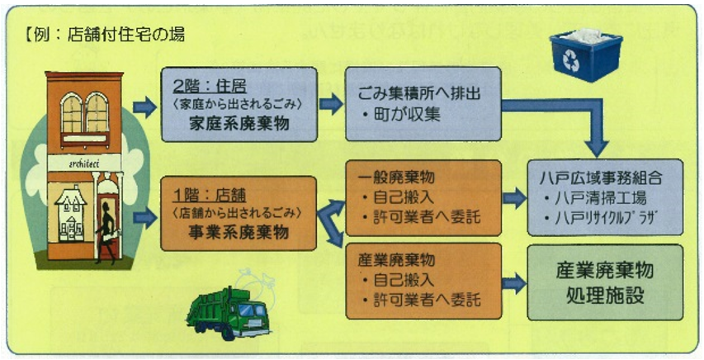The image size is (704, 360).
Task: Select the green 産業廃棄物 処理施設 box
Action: [605, 282]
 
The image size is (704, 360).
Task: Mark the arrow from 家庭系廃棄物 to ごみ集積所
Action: [332, 104]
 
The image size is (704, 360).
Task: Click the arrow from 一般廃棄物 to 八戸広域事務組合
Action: [515, 198]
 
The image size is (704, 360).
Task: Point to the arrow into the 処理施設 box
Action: [515, 282]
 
